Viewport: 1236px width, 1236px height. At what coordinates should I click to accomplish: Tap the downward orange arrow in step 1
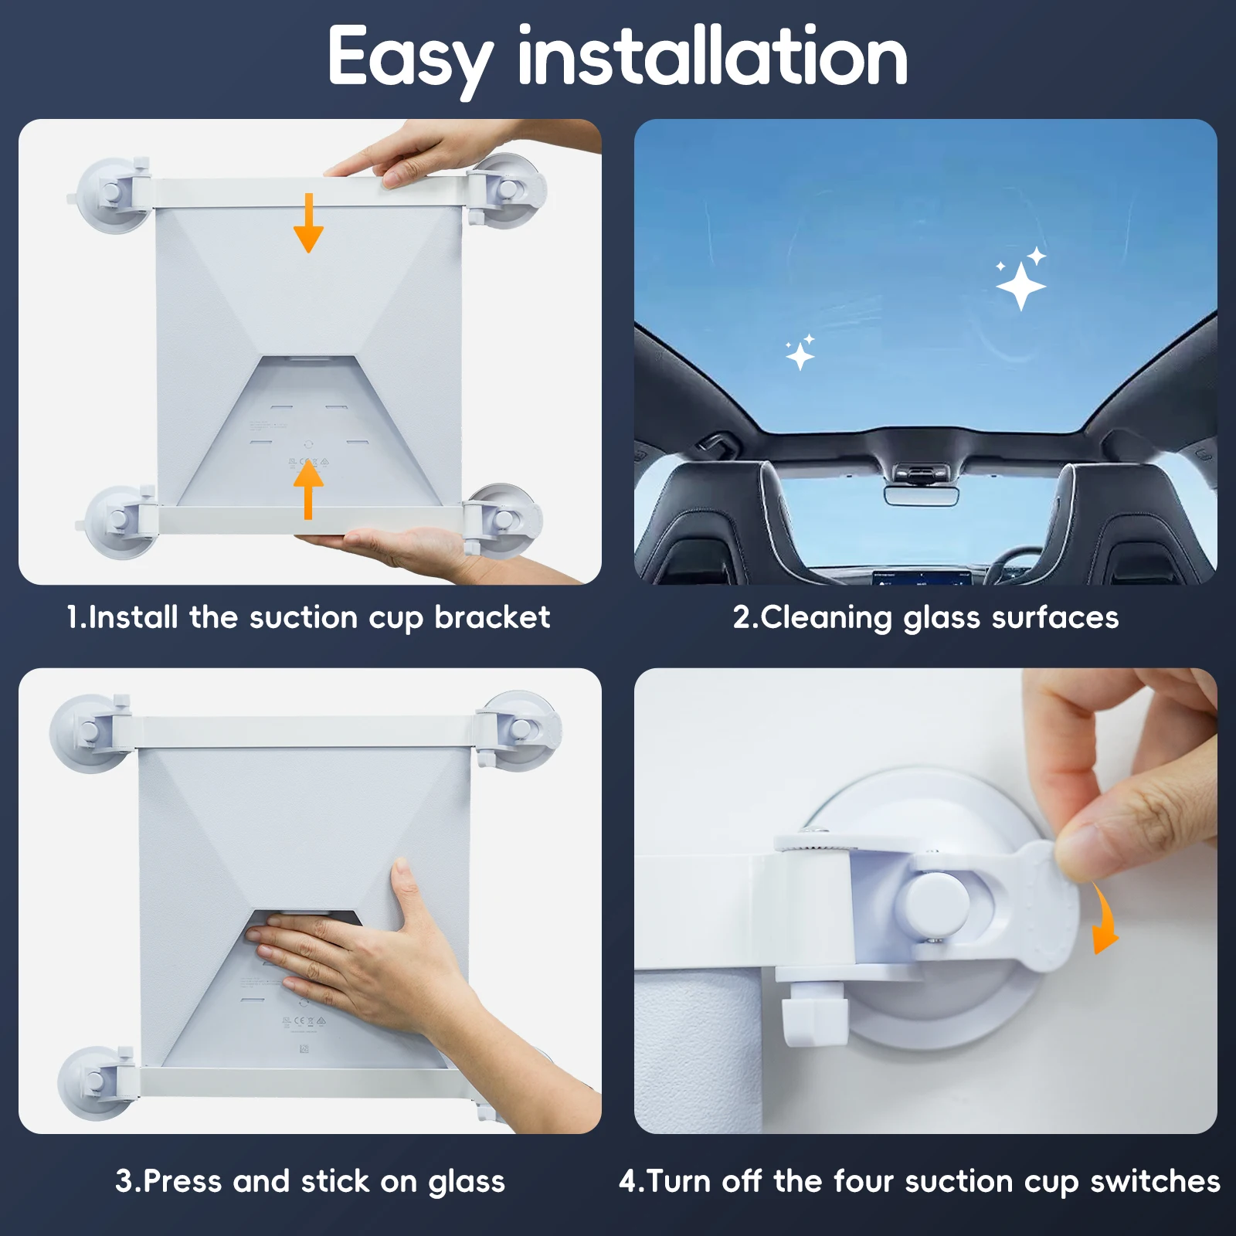pos(308,222)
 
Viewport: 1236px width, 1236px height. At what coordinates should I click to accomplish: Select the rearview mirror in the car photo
pos(921,495)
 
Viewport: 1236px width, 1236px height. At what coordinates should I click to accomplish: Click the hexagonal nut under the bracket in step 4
pos(814,1018)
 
